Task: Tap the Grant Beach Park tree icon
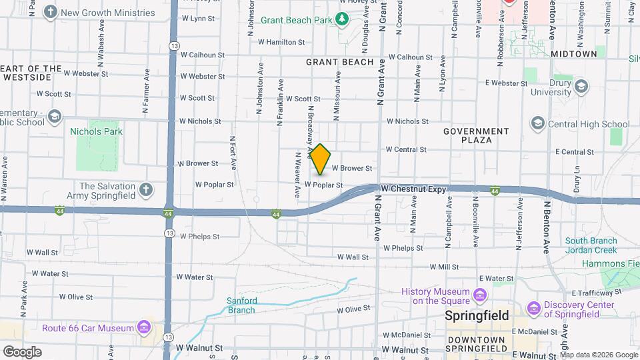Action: click(342, 19)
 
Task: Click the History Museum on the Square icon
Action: click(479, 295)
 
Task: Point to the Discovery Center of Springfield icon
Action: click(533, 309)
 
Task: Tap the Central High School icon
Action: click(537, 123)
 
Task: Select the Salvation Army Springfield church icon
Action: click(146, 191)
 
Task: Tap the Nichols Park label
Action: click(96, 131)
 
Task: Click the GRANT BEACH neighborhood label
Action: click(340, 62)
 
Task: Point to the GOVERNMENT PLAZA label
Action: click(476, 136)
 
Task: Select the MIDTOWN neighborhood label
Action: click(573, 54)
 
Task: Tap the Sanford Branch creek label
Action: click(241, 305)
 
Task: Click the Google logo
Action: click(22, 351)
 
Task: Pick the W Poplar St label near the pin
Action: click(324, 185)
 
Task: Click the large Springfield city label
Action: click(477, 315)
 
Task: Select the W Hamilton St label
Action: click(281, 41)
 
